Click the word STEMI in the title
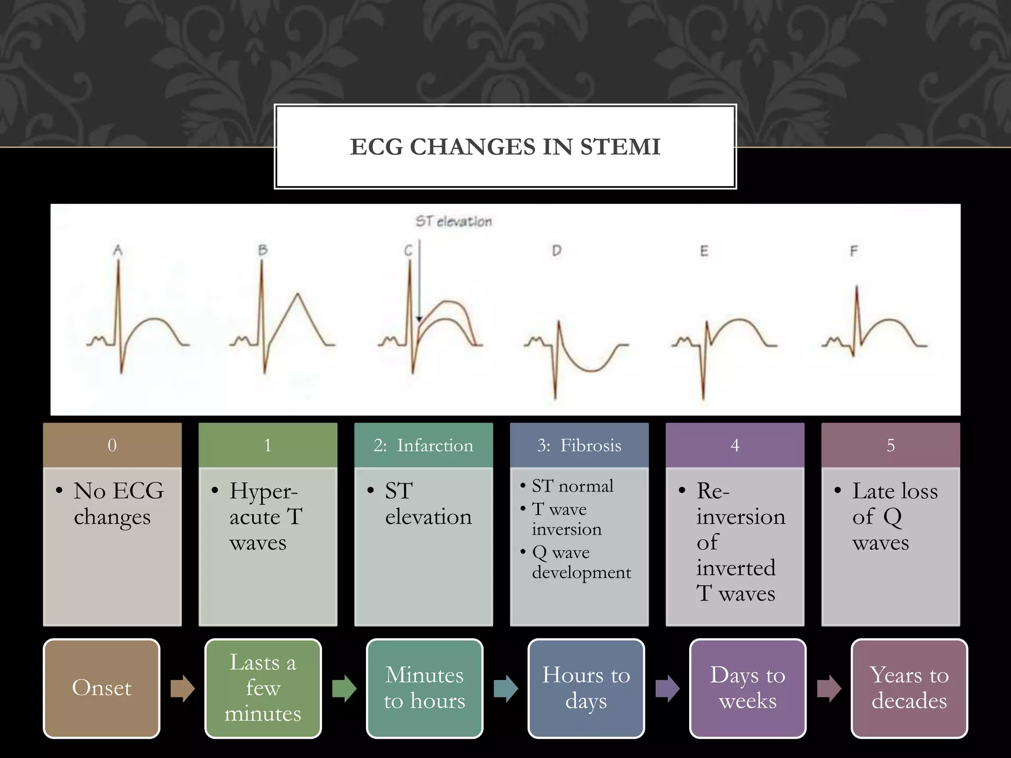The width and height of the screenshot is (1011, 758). tap(620, 147)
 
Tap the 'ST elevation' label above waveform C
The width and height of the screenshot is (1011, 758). tap(453, 222)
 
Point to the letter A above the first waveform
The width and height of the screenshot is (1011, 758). tap(118, 250)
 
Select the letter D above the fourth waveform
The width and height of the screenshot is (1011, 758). tap(556, 251)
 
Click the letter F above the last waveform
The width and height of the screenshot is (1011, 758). tap(854, 251)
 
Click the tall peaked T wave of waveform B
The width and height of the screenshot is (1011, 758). tap(297, 296)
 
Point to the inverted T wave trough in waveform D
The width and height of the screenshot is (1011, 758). tap(590, 369)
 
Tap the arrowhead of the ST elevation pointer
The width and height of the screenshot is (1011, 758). tap(419, 319)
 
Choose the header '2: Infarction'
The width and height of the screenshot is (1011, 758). tap(423, 445)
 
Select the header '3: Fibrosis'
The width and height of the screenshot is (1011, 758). tap(579, 445)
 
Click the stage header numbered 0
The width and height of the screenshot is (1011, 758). tap(112, 445)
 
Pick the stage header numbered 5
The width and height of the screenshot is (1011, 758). tap(891, 445)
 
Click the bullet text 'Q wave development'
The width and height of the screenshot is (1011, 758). tap(581, 563)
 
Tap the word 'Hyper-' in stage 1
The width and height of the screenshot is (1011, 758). tap(263, 492)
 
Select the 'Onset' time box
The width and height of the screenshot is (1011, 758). tap(102, 688)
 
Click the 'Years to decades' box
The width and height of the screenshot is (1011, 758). tap(909, 688)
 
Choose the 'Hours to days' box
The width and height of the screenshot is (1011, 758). tap(586, 688)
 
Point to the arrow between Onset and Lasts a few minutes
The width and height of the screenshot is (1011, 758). tap(183, 688)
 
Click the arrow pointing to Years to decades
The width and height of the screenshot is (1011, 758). tap(829, 688)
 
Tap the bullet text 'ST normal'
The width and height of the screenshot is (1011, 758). tap(572, 486)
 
